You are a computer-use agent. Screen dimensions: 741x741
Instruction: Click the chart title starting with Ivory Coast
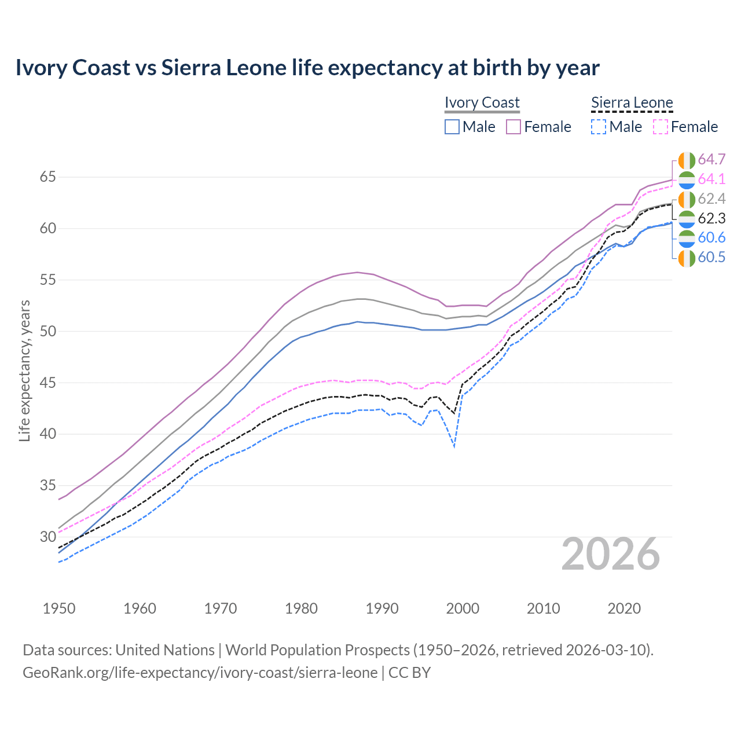307,68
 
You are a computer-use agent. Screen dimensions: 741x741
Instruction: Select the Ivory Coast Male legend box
452,127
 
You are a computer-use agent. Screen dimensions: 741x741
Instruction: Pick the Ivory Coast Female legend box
513,127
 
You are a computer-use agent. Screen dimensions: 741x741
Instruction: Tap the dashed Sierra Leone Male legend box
599,127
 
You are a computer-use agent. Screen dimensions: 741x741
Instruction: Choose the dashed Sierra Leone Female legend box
661,127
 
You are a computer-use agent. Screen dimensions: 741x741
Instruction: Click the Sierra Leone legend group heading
632,102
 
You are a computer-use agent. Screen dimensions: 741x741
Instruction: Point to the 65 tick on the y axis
47,177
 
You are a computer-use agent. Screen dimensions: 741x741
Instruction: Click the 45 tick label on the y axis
47,383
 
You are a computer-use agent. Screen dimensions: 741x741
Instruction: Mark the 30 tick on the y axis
47,537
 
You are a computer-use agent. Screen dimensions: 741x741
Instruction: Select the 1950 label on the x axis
59,608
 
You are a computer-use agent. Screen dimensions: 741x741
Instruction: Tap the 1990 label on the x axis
382,608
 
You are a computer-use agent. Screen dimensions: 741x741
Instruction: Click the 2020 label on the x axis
624,608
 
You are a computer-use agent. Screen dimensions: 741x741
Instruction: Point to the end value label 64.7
711,160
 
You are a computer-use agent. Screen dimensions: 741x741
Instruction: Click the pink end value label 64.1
711,179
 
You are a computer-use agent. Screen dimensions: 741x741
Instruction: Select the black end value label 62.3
711,219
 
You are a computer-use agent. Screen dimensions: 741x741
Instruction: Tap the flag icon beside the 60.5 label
687,258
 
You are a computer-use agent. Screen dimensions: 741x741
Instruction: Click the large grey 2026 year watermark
611,554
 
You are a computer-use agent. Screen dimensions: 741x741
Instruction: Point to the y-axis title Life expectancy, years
24,370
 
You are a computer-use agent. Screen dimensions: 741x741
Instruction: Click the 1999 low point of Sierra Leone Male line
454,446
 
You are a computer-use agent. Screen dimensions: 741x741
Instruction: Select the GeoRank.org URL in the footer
200,673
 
